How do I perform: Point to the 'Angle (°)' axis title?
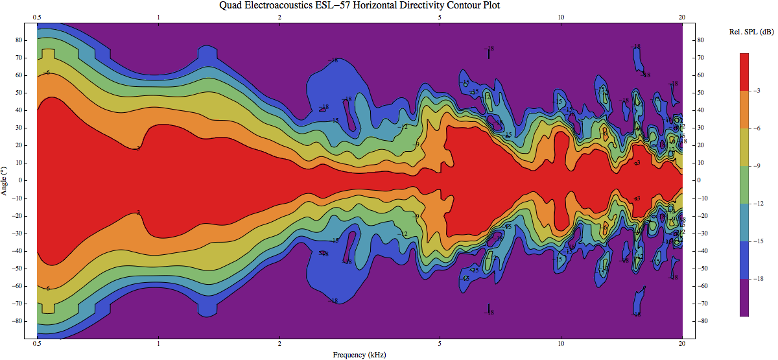[5, 180]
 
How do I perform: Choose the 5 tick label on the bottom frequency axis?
[440, 344]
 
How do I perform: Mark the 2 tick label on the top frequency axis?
[279, 18]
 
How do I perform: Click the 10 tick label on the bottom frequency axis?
[560, 344]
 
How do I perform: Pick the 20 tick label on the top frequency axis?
[681, 18]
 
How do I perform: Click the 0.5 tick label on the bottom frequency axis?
[37, 344]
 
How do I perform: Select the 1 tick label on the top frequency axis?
[158, 18]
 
